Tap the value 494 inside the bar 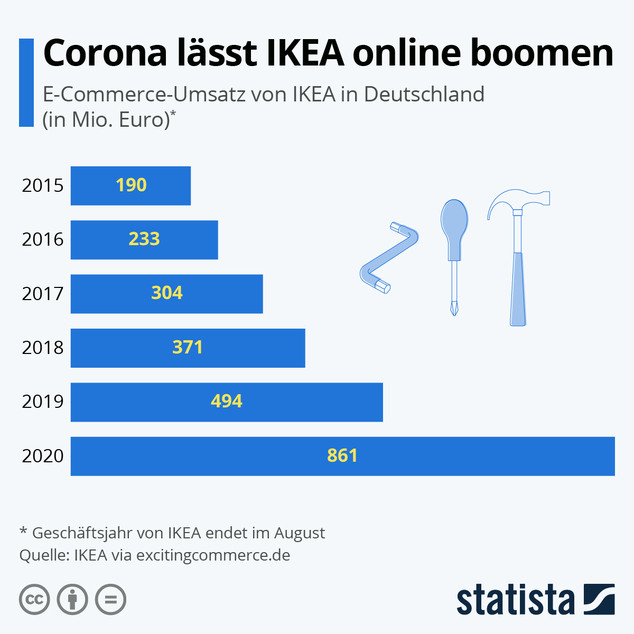(x=227, y=402)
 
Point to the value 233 (x=144, y=239)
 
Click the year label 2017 (x=43, y=294)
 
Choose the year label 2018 (x=43, y=348)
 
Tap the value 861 (x=342, y=456)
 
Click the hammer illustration (x=518, y=259)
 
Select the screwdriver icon (x=454, y=254)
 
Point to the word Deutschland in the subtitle (x=424, y=94)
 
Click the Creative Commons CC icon (x=34, y=600)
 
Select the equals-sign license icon (x=110, y=600)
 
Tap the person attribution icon (x=72, y=600)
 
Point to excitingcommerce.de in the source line (x=213, y=555)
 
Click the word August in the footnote (x=299, y=533)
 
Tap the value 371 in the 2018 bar (x=188, y=348)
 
